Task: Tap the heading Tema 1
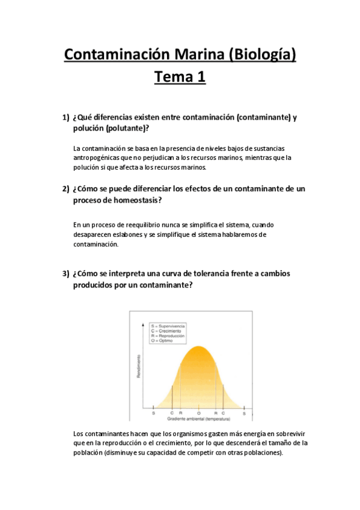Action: click(180, 78)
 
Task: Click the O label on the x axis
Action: click(199, 413)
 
